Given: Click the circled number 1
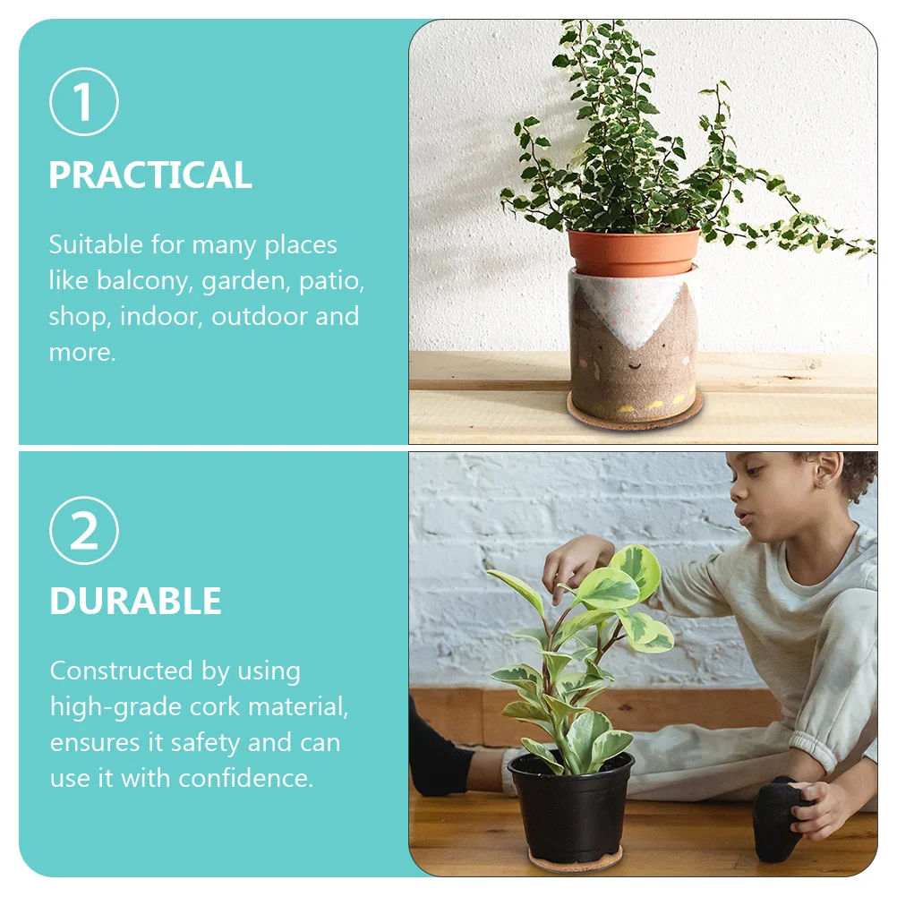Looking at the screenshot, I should tap(83, 102).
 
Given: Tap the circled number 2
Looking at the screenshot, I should tap(83, 530).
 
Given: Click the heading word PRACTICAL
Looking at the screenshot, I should tap(150, 175).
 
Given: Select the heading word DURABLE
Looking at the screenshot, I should tap(135, 602).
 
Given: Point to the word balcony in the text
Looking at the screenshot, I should tap(144, 281).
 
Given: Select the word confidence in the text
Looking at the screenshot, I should tap(246, 779).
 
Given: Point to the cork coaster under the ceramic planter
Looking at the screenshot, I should tap(635, 416).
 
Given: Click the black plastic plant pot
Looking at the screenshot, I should tap(571, 810).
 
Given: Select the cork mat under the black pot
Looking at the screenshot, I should tap(575, 862).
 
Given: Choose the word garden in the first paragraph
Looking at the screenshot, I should tap(241, 281).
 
